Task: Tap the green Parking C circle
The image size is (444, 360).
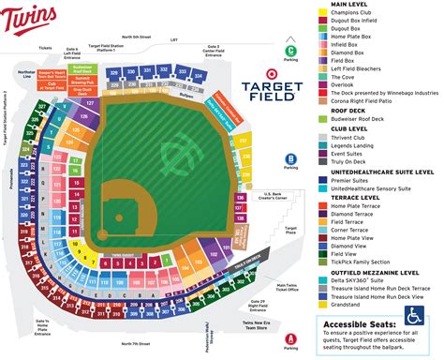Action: click(291, 52)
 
